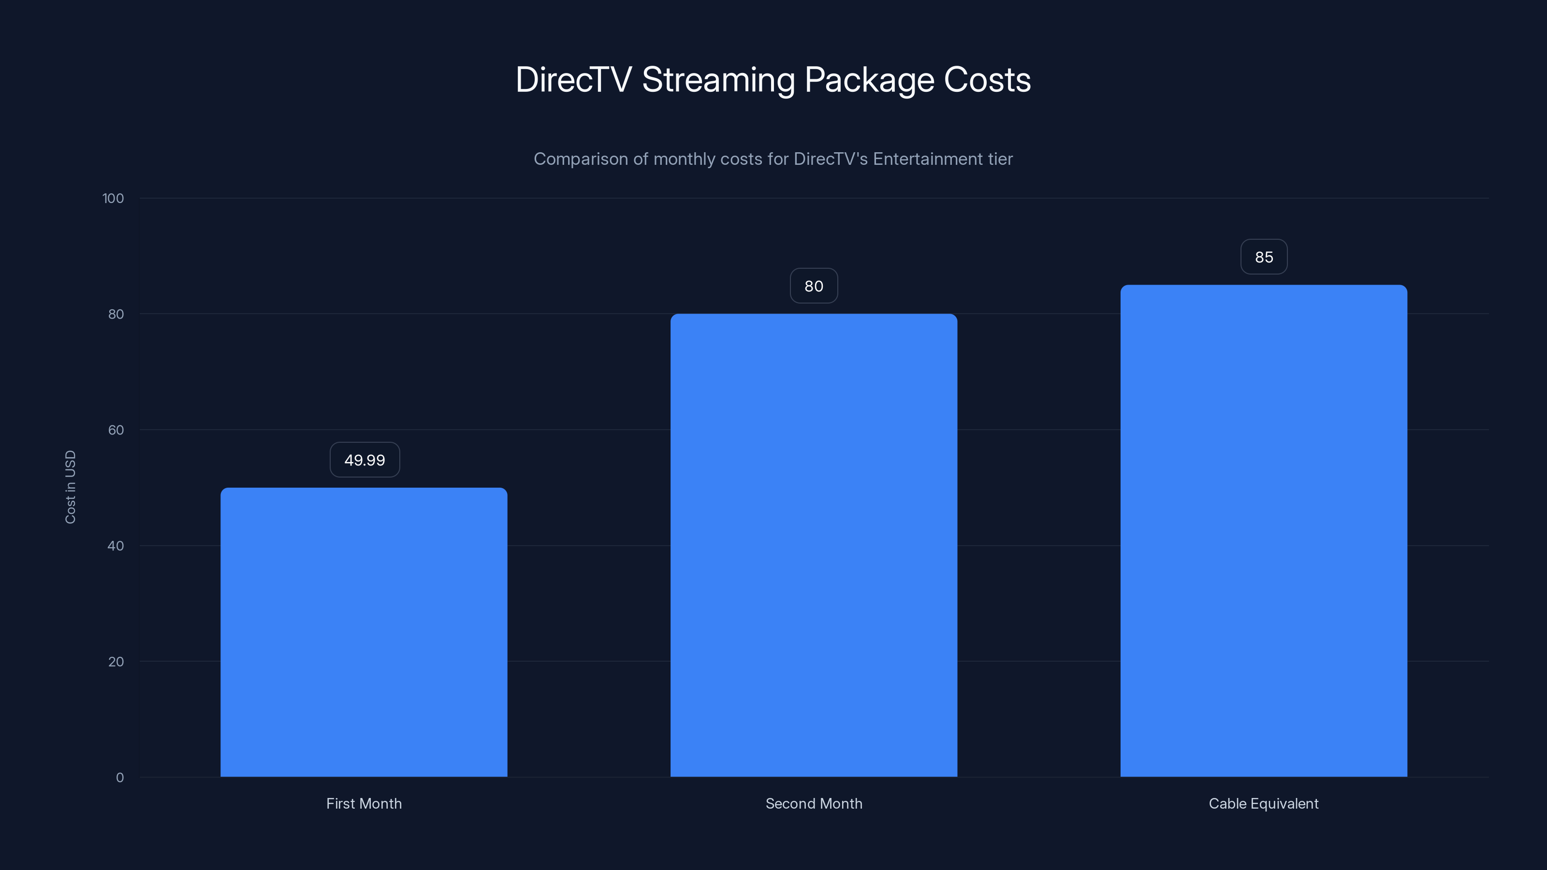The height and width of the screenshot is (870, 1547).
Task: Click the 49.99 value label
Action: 365,460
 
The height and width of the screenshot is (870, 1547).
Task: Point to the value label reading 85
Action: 1264,257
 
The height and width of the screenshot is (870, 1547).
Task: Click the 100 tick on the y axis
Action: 113,198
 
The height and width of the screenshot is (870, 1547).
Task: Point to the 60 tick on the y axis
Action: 116,430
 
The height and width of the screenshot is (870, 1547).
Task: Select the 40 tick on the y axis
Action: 116,546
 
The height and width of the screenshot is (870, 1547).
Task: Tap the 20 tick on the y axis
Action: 116,662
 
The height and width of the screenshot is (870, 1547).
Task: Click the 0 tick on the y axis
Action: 119,778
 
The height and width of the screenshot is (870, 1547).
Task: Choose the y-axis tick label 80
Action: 116,314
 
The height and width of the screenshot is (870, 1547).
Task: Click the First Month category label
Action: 364,803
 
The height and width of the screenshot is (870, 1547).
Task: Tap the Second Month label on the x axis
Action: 813,803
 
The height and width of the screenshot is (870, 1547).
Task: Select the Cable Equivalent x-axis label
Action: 1264,803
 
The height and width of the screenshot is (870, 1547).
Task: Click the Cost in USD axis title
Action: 70,487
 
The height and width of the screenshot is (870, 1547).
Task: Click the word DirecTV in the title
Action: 573,80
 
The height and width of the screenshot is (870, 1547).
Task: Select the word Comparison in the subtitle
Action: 581,159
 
